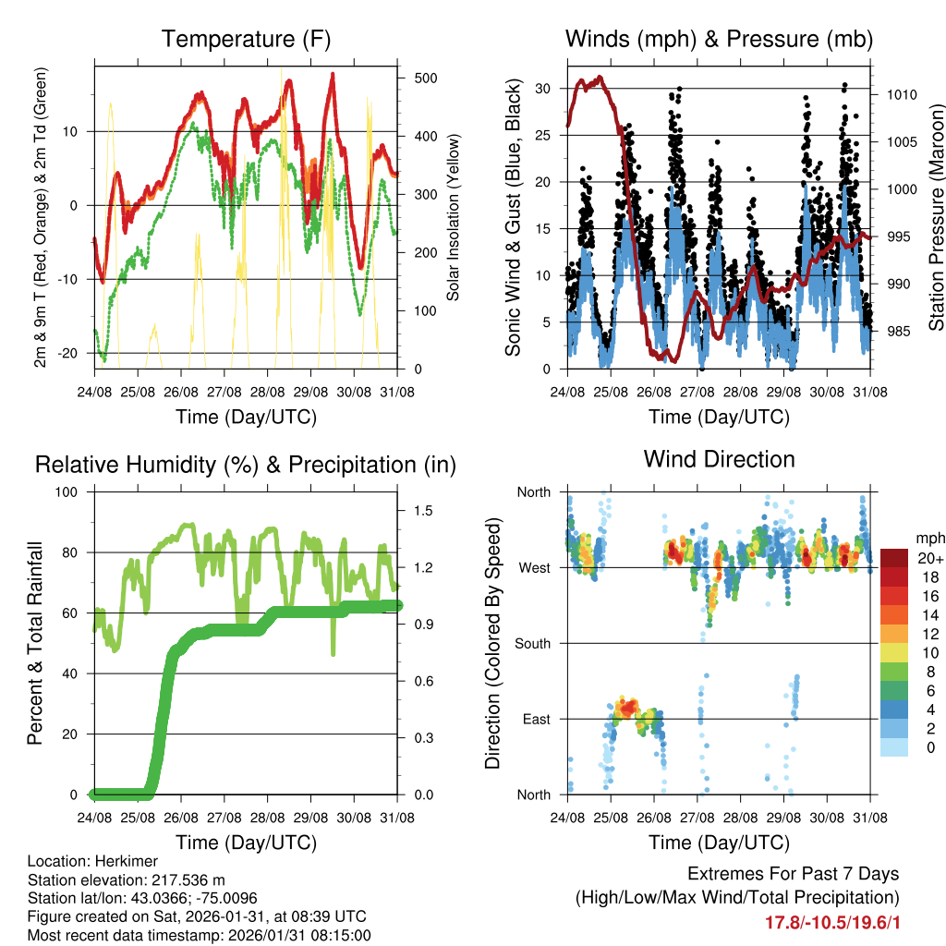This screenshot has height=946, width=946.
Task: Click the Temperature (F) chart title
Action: pos(246,39)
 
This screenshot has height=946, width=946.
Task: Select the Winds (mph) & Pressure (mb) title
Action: pos(719,39)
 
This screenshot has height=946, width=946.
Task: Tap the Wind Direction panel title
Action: pos(719,459)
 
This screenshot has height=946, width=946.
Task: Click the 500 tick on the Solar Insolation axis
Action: pos(424,78)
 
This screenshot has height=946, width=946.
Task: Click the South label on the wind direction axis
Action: pos(532,643)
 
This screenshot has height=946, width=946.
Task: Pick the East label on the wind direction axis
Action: pos(537,719)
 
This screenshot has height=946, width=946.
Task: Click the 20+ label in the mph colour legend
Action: pos(928,558)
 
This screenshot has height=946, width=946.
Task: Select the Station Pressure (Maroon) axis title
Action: pos(936,204)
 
